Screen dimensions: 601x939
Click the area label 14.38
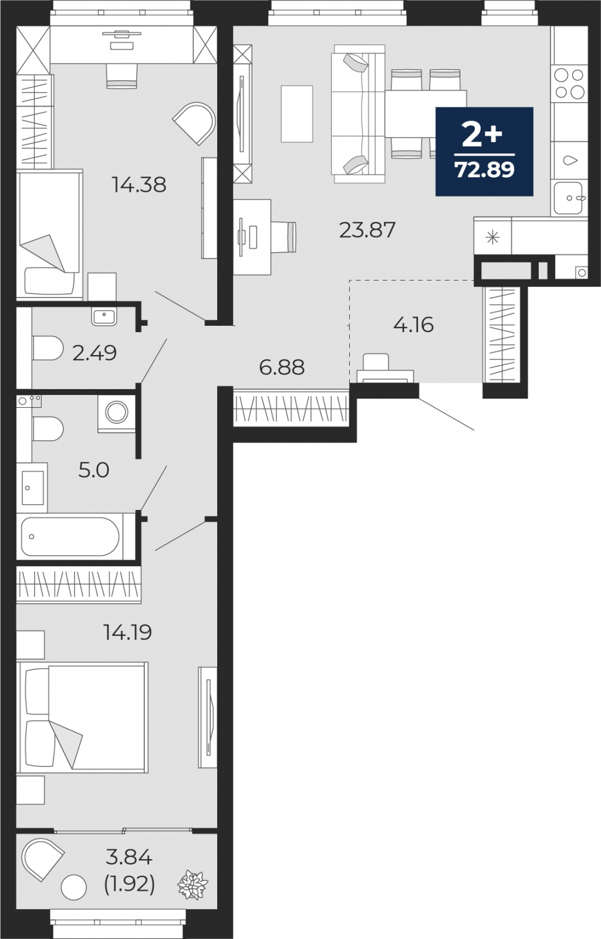[x=139, y=185]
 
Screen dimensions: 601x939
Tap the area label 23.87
[x=367, y=230]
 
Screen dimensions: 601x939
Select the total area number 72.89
[x=484, y=170]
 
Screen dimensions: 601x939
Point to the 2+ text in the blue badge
[x=482, y=134]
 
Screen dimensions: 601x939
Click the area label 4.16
[x=413, y=325]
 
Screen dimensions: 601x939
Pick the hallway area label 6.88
[x=282, y=367]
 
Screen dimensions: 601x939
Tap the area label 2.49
[x=94, y=353]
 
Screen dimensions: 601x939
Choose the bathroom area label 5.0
[x=94, y=470]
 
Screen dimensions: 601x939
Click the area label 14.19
[x=127, y=633]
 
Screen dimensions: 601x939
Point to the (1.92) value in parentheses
[x=129, y=884]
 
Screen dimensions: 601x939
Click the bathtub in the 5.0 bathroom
[x=70, y=536]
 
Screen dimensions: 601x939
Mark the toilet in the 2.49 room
[x=48, y=347]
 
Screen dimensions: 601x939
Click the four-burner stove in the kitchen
[x=569, y=83]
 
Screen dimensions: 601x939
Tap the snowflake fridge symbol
[x=492, y=238]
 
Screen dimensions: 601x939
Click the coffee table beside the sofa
[x=297, y=114]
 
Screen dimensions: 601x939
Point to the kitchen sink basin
[x=568, y=198]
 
